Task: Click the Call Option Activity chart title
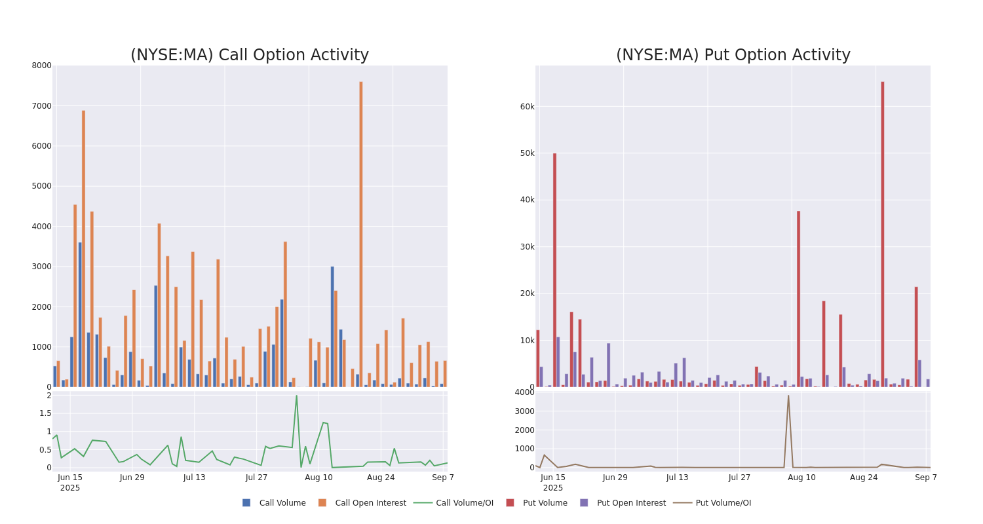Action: tap(249, 55)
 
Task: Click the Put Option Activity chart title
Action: tap(733, 55)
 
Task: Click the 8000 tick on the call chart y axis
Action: tap(41, 65)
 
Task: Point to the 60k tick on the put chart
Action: tap(528, 107)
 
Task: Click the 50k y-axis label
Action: tap(528, 153)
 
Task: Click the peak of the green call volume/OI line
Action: tap(296, 396)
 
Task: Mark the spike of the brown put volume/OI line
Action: tap(788, 396)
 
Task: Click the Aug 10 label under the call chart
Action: tap(318, 477)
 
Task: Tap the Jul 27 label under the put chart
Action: tap(739, 477)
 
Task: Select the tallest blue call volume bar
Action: tap(81, 314)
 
